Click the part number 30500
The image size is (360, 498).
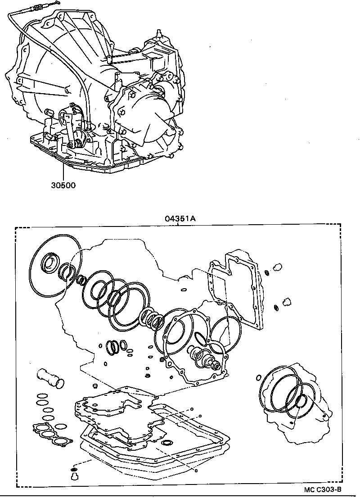[x=63, y=185]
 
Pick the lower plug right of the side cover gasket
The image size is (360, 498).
[x=286, y=300]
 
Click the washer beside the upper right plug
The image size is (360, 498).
[x=268, y=272]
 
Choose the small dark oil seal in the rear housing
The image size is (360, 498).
[x=301, y=400]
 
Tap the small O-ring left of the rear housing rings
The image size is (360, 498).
[x=259, y=377]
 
